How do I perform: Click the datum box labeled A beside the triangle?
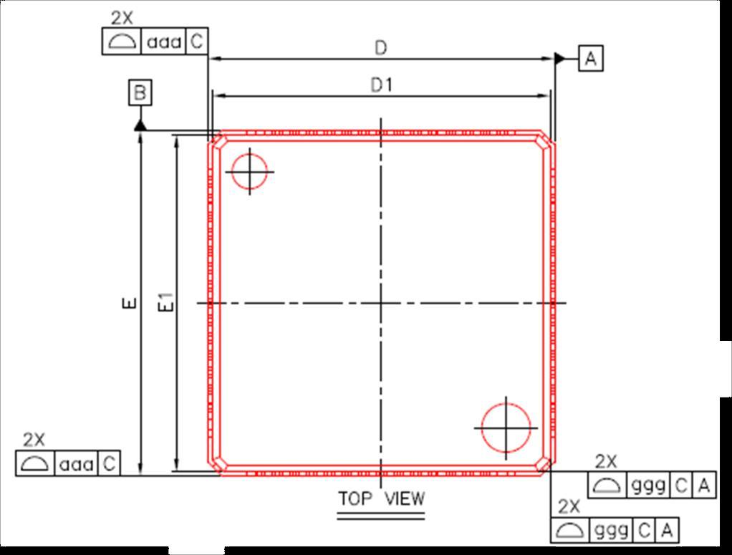tap(591, 58)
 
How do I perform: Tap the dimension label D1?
tap(381, 85)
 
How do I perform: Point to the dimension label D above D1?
tap(381, 48)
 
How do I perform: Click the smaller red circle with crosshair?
tap(249, 172)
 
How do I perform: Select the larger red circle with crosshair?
tap(506, 428)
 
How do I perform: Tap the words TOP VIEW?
tap(381, 498)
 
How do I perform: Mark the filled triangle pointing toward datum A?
tap(559, 58)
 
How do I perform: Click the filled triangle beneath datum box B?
tap(140, 125)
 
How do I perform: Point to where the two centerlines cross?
tap(381, 303)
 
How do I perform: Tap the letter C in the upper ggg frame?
tap(680, 486)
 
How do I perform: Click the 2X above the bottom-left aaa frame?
tap(34, 440)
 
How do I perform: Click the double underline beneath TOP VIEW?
tap(381, 513)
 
